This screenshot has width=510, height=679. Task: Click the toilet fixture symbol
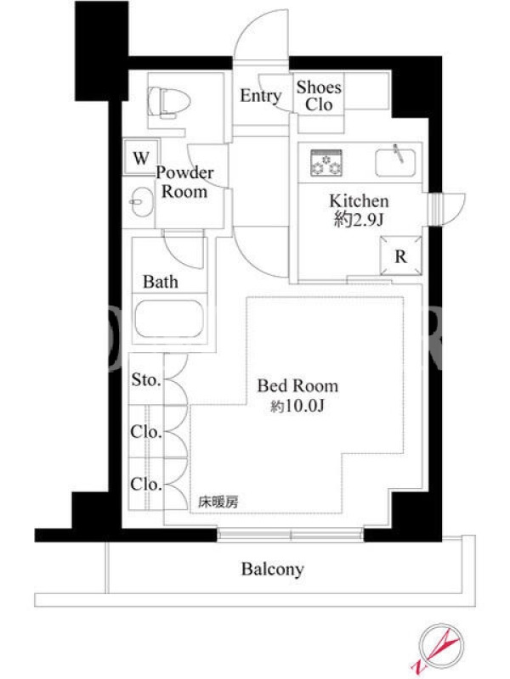(168, 102)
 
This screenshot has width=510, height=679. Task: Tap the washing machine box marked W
(141, 157)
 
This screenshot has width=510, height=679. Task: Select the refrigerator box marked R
(400, 256)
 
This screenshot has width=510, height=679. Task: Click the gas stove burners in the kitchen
(326, 163)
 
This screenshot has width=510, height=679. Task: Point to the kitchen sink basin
(395, 162)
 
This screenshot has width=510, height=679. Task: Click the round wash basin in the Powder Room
(141, 201)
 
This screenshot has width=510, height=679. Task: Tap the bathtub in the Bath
(168, 318)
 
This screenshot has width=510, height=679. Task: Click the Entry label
(261, 96)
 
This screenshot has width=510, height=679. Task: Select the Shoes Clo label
(320, 96)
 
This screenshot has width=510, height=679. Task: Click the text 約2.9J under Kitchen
(359, 220)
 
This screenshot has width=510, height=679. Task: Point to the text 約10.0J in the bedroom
(297, 407)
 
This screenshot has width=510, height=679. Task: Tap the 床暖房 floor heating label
(218, 502)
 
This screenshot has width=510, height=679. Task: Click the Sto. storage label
(146, 379)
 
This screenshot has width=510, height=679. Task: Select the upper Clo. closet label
(146, 431)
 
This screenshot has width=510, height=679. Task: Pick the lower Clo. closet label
(146, 484)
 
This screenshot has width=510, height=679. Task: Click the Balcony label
(272, 569)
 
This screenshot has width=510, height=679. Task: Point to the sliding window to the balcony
(290, 535)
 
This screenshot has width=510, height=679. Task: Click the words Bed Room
(297, 385)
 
